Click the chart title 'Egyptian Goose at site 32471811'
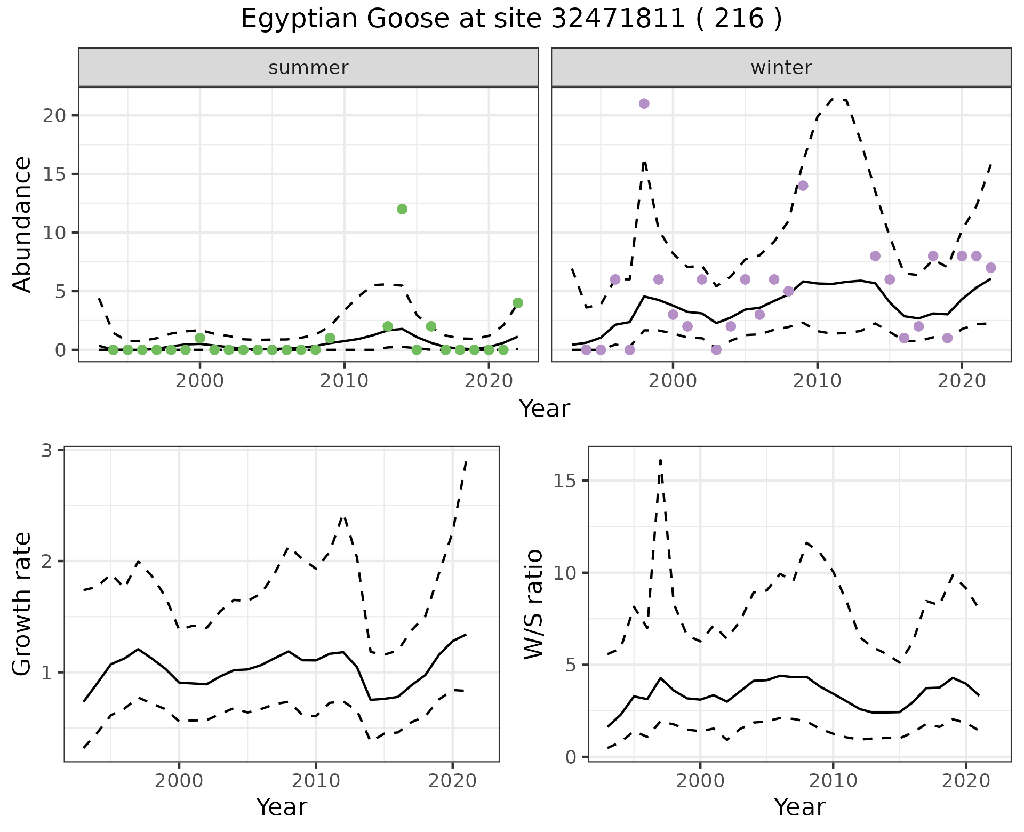click(x=511, y=19)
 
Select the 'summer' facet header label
click(x=308, y=68)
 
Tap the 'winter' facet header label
click(x=781, y=68)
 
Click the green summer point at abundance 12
click(x=402, y=209)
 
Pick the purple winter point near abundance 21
click(x=644, y=103)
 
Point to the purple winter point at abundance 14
click(x=803, y=186)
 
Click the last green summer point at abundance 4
click(x=517, y=303)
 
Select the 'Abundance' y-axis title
click(x=22, y=224)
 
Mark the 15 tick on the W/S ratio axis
click(x=571, y=481)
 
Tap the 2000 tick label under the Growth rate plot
click(x=179, y=781)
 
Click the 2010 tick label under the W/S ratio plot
click(x=833, y=781)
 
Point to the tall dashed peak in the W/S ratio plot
click(x=660, y=460)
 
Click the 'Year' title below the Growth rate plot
click(x=282, y=807)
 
